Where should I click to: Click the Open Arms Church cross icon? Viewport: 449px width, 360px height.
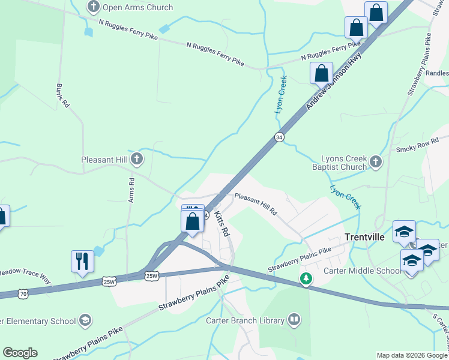pyautogui.click(x=94, y=7)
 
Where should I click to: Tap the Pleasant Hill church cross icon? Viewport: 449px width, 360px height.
pyautogui.click(x=137, y=159)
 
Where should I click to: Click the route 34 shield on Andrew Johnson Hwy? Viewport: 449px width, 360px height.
pyautogui.click(x=279, y=137)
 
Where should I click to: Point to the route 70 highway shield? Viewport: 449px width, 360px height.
pyautogui.click(x=23, y=293)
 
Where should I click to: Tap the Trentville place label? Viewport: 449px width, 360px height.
pyautogui.click(x=365, y=237)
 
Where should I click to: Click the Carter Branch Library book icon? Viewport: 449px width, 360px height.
pyautogui.click(x=294, y=320)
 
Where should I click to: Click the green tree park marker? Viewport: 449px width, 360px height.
pyautogui.click(x=306, y=278)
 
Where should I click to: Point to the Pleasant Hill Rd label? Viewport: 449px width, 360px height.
pyautogui.click(x=256, y=204)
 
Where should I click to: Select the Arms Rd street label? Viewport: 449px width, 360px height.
pyautogui.click(x=131, y=190)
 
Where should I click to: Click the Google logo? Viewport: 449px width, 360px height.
pyautogui.click(x=20, y=353)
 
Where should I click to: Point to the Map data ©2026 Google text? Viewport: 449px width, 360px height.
pyautogui.click(x=411, y=355)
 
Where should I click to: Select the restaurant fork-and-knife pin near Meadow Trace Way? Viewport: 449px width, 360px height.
pyautogui.click(x=82, y=262)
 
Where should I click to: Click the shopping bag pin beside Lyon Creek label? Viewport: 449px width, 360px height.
pyautogui.click(x=321, y=74)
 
